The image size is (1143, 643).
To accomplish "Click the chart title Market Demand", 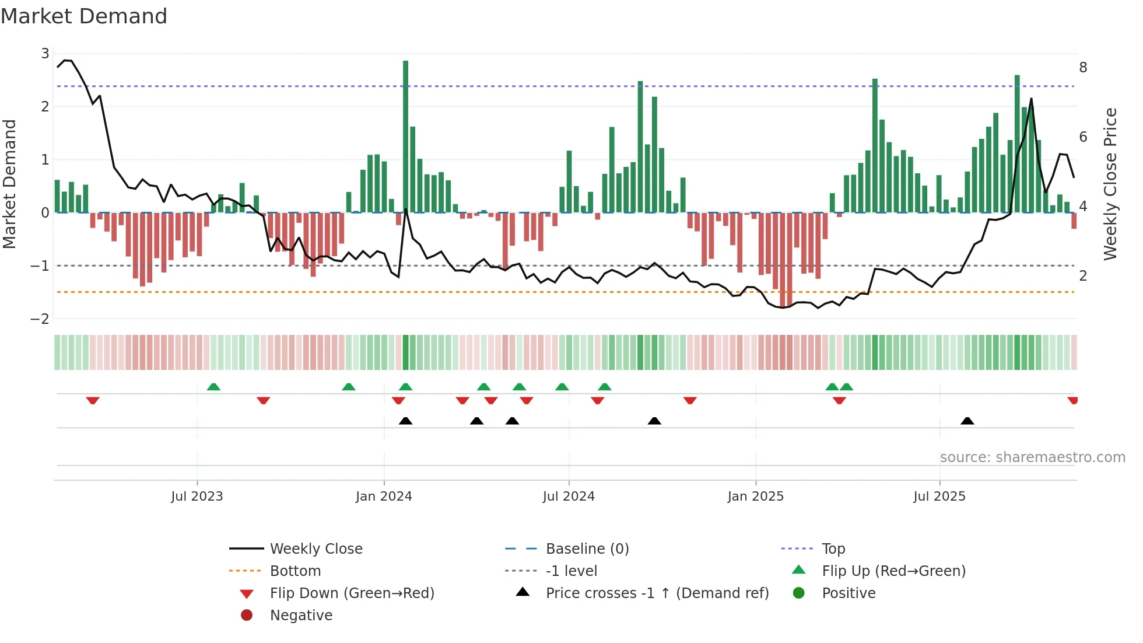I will point(84,16).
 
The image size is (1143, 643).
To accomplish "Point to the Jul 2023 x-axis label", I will point(197,497).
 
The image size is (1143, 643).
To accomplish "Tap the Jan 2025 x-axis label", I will point(755,497).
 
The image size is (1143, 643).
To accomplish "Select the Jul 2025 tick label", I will point(939,497).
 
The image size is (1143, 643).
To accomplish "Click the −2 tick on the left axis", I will point(40,319).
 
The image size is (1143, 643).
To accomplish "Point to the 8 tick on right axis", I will point(1083,68).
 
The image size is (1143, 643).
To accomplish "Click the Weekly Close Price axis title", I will point(1110,184).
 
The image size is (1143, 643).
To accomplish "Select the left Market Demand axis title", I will point(9,184).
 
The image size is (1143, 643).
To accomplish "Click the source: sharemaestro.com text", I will point(1032,457).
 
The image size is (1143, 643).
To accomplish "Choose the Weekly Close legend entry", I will point(315,549).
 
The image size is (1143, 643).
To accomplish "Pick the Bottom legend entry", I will point(295,571).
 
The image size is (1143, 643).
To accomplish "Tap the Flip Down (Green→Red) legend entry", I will point(352,593).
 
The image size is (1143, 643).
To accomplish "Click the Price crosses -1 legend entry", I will point(657,593).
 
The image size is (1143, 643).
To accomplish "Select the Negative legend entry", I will point(301,616).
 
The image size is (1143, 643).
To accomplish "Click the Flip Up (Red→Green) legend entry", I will point(893,571).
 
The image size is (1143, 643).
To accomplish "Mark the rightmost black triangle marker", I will point(967,421).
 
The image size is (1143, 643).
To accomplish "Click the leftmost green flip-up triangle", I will point(213,387).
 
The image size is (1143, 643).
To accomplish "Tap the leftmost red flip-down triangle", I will point(93,400).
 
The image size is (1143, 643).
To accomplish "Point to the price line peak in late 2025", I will point(1031,99).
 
